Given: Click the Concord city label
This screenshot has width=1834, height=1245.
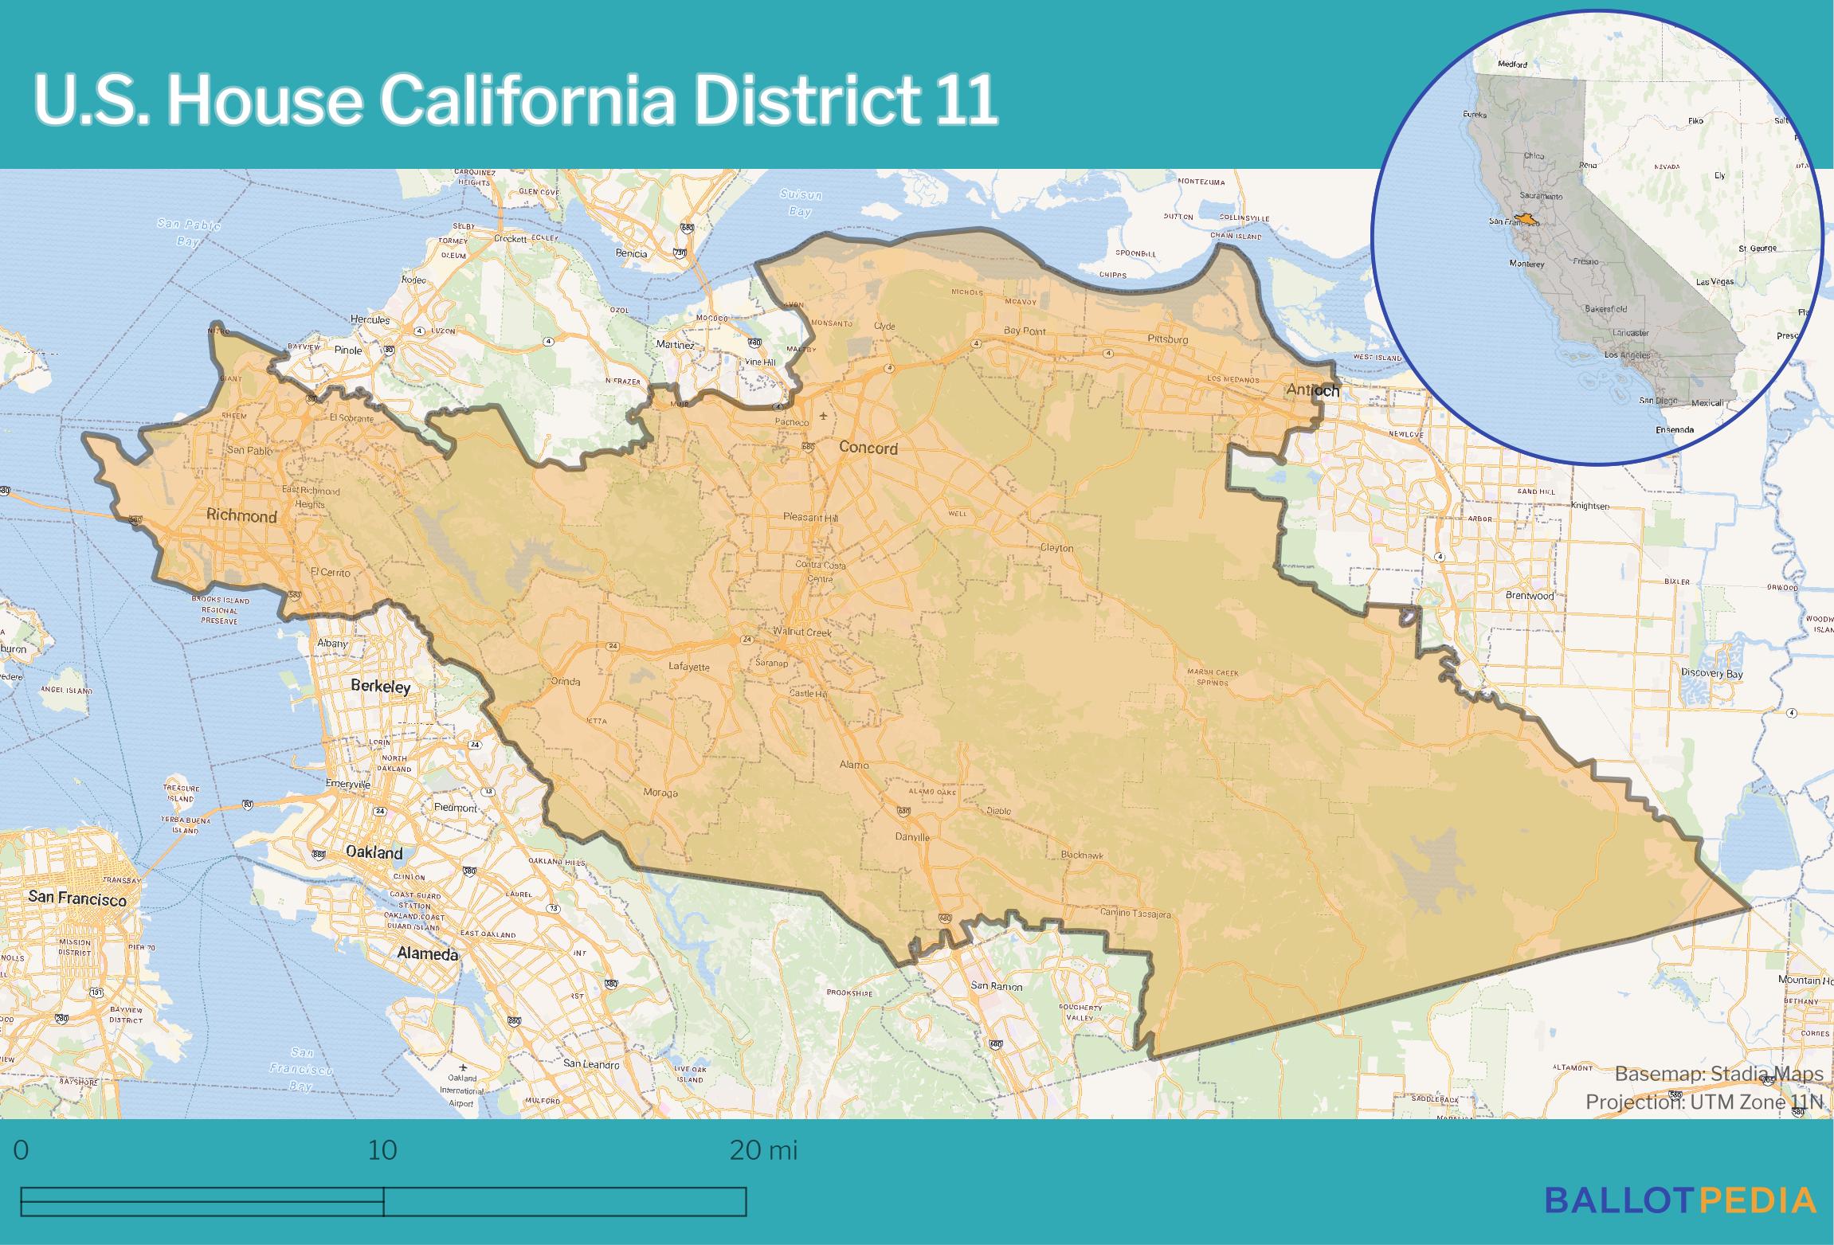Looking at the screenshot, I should pos(868,448).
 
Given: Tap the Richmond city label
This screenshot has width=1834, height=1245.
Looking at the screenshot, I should pos(241,516).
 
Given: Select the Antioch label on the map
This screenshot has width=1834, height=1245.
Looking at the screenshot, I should pos(1312,390).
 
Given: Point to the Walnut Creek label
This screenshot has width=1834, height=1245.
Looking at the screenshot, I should pos(802,632).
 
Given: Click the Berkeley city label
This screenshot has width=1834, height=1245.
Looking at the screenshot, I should pos(381,687).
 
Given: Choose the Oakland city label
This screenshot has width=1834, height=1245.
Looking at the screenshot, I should pos(374,852).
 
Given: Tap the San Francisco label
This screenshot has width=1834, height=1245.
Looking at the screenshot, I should pos(77,899).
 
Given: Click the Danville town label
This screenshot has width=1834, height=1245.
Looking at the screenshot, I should pos(912,837).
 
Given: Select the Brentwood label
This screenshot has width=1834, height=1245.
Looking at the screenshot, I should pos(1529,595).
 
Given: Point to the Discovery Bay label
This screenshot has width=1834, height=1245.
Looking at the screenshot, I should pos(1712,673).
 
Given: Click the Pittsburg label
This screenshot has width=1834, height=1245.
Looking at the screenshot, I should pos(1168,339).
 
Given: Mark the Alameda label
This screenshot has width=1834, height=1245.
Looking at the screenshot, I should pos(428,953).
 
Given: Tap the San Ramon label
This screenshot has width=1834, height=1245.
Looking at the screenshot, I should pos(996,985).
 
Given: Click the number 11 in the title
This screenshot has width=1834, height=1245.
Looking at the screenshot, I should pos(966,101).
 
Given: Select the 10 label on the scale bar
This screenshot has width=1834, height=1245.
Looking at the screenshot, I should pos(382,1151).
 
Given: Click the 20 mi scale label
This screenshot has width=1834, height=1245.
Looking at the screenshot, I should pos(763,1151).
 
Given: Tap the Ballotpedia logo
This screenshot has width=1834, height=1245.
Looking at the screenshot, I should pos(1680,1200).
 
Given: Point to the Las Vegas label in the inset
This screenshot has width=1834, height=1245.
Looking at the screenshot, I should pos(1714,282).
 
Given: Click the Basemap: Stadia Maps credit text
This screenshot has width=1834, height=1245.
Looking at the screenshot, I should pos(1718,1074).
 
